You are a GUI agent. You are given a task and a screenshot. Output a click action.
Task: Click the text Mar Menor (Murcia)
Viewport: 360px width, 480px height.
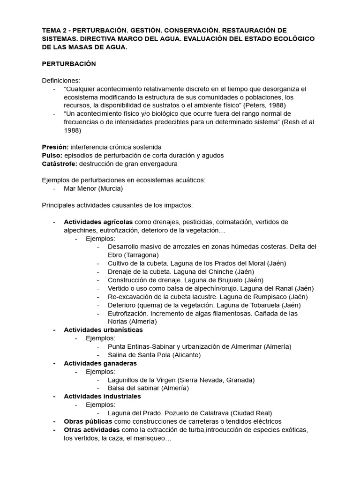pos(93,188)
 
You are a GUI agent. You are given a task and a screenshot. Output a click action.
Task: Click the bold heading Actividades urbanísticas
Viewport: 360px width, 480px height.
pos(103,330)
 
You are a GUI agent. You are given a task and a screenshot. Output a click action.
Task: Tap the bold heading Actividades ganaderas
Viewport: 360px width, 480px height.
pos(100,363)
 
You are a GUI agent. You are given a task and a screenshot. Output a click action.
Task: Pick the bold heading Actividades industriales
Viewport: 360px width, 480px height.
pos(102,397)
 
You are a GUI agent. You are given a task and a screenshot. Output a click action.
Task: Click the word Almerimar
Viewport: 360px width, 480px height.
pos(243,346)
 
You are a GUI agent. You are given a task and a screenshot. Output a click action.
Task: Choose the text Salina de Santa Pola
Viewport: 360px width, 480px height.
pos(139,355)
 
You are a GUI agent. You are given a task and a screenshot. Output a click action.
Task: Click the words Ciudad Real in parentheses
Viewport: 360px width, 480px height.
pos(251,413)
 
